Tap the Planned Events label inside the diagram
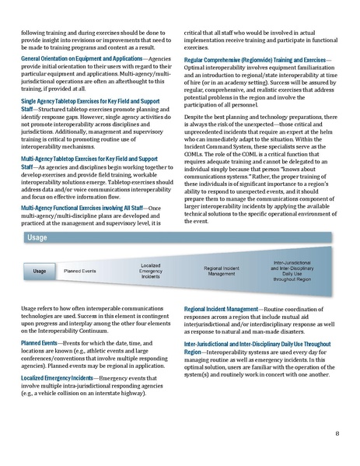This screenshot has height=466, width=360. pyautogui.click(x=79, y=272)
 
